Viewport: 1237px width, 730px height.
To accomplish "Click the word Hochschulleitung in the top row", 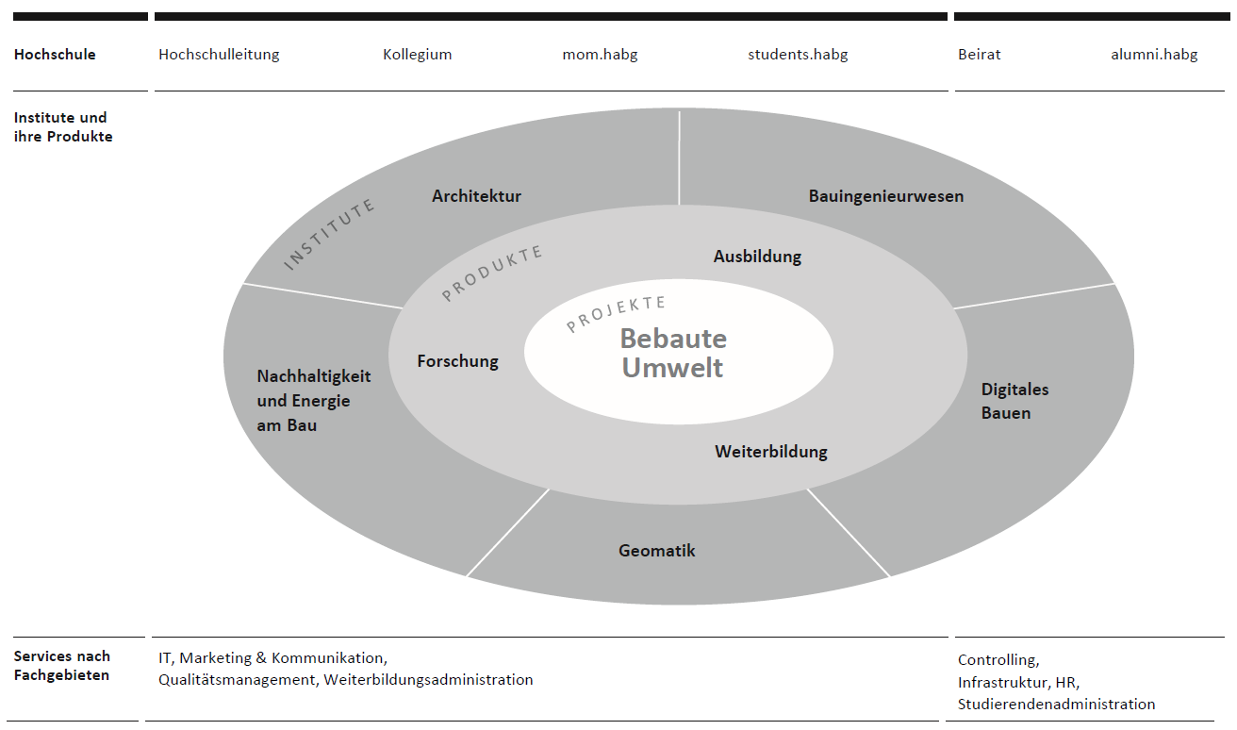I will click(x=219, y=55).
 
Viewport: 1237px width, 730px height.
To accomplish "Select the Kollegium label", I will click(x=417, y=55).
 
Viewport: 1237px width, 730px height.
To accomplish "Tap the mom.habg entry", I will click(x=600, y=55).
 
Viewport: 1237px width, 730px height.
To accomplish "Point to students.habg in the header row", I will click(x=798, y=55).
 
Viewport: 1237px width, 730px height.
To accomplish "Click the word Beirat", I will click(x=979, y=55).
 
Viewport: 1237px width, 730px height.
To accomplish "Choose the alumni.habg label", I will click(x=1154, y=55).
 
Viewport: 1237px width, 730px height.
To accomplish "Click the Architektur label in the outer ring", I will click(x=476, y=196).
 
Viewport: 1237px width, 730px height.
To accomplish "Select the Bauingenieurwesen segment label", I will click(x=885, y=196).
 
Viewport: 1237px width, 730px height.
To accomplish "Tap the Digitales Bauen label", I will click(x=1014, y=401).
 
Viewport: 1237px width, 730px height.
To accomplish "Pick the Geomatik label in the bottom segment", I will click(x=656, y=551).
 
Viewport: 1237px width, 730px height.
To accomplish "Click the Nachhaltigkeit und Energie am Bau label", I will click(x=313, y=401).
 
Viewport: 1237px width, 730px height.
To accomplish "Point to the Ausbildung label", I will click(x=757, y=257).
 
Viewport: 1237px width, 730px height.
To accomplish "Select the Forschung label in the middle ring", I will click(x=457, y=361).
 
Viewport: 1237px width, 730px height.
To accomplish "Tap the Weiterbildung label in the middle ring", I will click(x=770, y=452).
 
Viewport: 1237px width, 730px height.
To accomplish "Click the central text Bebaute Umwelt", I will click(x=673, y=353).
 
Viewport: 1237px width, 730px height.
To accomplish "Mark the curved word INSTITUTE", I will click(x=329, y=234).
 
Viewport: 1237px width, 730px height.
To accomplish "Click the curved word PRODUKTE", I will click(x=492, y=273).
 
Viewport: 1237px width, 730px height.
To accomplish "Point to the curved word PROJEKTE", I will click(x=616, y=314).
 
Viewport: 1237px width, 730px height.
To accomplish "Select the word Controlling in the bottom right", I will click(x=998, y=660).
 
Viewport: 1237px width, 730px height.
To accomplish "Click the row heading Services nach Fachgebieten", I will click(x=62, y=665).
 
